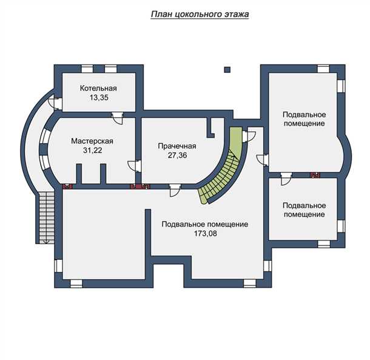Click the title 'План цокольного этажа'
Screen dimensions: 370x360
pyautogui.click(x=200, y=15)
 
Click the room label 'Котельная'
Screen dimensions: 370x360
pyautogui.click(x=98, y=89)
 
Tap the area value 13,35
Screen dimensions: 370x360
pyautogui.click(x=99, y=98)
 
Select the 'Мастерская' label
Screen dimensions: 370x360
pyautogui.click(x=92, y=141)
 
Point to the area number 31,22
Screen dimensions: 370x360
pyautogui.click(x=92, y=150)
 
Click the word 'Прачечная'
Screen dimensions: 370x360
pyautogui.click(x=177, y=146)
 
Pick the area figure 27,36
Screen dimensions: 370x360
pyautogui.click(x=178, y=155)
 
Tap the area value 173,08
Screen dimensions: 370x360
pyautogui.click(x=205, y=233)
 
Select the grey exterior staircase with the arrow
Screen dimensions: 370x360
pyautogui.click(x=47, y=218)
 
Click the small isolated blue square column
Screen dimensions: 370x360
pyautogui.click(x=227, y=69)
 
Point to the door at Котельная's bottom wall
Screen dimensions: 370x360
pyautogui.click(x=118, y=118)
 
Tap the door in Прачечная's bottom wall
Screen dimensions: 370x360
pyautogui.click(x=175, y=190)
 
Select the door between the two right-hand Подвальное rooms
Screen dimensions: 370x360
pyautogui.click(x=286, y=178)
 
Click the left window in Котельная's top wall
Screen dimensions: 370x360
pyautogui.click(x=87, y=69)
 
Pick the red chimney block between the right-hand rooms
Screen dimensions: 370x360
pyautogui.click(x=315, y=175)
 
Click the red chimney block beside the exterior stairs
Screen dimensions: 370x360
pyautogui.click(x=67, y=186)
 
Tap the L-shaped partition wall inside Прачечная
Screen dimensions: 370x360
pyautogui.click(x=210, y=128)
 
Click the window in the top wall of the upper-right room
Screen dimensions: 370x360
pyautogui.click(x=323, y=69)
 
